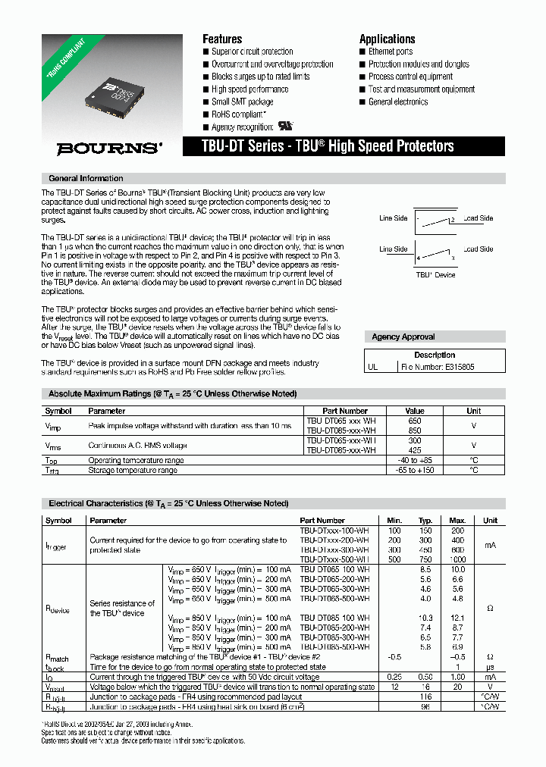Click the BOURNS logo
[109, 149]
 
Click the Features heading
[222, 39]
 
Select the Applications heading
[387, 39]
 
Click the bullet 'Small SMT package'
[242, 102]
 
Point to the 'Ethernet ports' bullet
[390, 52]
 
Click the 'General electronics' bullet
[397, 102]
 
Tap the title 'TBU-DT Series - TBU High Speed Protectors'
[328, 146]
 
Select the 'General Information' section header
[86, 179]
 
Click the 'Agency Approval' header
[403, 337]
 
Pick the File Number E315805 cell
[441, 366]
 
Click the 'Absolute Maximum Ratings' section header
[172, 394]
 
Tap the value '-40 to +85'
[415, 460]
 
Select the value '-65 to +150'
[415, 470]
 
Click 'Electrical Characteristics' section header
[168, 503]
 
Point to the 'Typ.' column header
[425, 521]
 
